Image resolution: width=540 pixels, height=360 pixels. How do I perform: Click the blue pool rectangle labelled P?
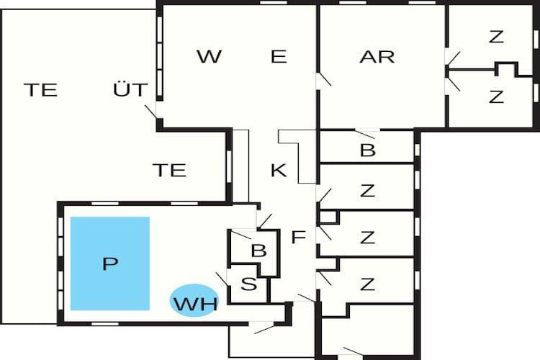(x=110, y=264)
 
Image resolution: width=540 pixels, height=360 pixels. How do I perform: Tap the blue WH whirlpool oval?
(x=194, y=300)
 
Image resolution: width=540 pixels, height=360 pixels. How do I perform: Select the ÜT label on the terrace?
(x=130, y=89)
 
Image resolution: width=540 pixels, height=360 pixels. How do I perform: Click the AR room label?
(x=377, y=57)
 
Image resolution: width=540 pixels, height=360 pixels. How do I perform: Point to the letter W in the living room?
(x=210, y=56)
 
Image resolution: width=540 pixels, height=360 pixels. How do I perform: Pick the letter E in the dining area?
(x=279, y=56)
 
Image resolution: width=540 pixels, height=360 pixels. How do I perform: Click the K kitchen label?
(x=279, y=170)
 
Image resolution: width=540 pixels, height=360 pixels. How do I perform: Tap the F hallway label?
(x=299, y=237)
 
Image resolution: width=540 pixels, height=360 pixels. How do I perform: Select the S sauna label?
(x=249, y=284)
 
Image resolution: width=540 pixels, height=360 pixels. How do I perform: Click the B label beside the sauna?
(x=258, y=251)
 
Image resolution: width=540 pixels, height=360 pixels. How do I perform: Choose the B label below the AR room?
(x=367, y=150)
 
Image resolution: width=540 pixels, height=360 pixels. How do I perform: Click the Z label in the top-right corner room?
(x=496, y=37)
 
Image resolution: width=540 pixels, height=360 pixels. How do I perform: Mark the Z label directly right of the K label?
(x=367, y=191)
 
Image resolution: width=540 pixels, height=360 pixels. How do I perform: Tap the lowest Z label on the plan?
(x=367, y=284)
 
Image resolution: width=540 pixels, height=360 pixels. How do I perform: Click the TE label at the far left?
(x=40, y=90)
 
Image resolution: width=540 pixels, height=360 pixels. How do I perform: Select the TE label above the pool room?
(x=169, y=170)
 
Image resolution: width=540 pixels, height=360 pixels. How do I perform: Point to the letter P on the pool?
(x=110, y=264)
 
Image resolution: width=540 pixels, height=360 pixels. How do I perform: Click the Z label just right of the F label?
(x=367, y=238)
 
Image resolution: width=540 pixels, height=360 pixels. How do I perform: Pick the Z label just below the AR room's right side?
(x=496, y=96)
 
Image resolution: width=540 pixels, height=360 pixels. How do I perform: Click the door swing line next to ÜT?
(x=151, y=112)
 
